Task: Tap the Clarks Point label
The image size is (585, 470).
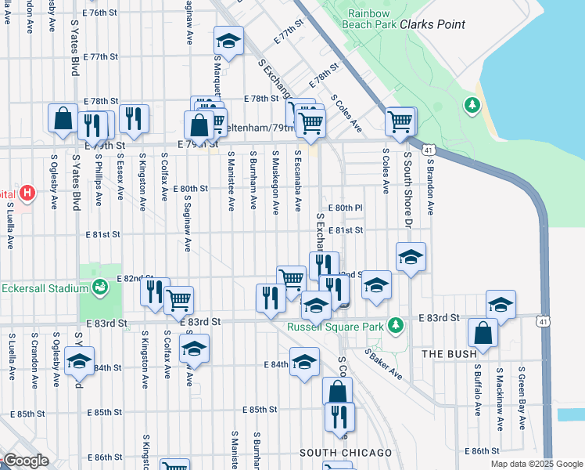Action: pos(432,24)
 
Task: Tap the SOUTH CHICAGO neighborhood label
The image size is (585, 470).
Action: pos(346,454)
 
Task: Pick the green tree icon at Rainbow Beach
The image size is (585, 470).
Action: pos(472,104)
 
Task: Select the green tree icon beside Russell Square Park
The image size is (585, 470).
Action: pos(397,324)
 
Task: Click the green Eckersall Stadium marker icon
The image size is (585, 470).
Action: pos(99,287)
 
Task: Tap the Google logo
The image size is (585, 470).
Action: pos(25,461)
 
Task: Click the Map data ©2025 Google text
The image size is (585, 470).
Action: pos(537,464)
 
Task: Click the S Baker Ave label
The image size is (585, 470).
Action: pos(384,365)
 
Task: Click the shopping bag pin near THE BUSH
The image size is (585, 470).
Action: pos(483,332)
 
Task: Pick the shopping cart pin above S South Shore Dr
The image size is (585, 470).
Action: pos(400,121)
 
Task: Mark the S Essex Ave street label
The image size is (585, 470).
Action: pos(120,181)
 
